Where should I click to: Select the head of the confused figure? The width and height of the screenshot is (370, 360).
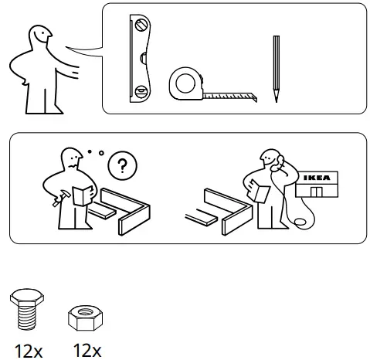coord(73,158)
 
